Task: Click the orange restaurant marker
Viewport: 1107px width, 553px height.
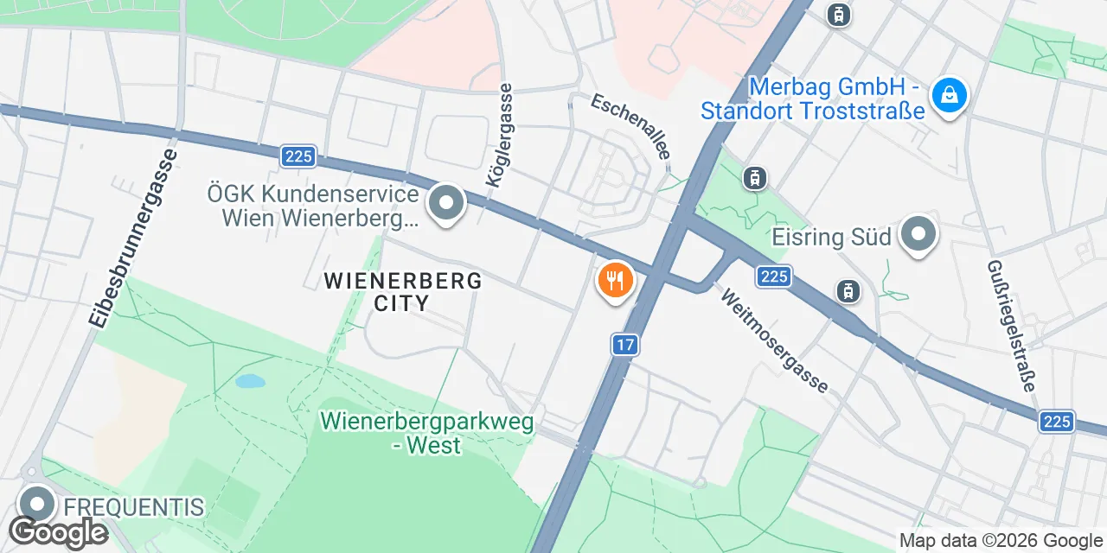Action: pos(616,280)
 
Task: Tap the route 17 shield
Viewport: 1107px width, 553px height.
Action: pos(625,345)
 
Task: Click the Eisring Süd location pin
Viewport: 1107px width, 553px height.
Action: pos(918,233)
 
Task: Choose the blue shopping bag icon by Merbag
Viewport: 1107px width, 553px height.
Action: pos(950,94)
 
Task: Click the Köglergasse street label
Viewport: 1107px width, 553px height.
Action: pos(501,136)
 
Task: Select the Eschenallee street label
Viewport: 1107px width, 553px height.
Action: pos(630,126)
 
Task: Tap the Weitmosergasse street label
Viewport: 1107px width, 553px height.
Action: pos(775,340)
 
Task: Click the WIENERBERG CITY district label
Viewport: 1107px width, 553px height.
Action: pos(402,291)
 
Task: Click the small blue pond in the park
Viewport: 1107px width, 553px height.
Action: pos(249,381)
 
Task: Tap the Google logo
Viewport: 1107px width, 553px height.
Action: pos(59,532)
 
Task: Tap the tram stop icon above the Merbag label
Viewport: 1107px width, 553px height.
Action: pos(837,15)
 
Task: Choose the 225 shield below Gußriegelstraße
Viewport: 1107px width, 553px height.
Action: pos(1056,421)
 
